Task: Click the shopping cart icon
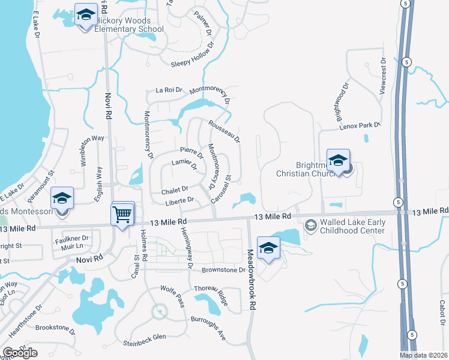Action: [122, 213]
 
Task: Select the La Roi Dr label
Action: [169, 90]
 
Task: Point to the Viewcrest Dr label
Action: [382, 76]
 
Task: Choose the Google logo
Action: [20, 353]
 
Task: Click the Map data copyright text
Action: [424, 355]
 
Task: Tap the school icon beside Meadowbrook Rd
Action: [268, 248]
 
